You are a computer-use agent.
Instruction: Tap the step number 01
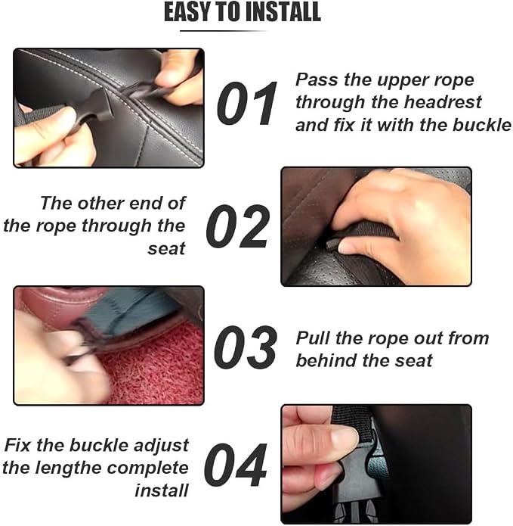tap(247, 104)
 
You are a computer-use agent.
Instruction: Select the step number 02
tap(238, 226)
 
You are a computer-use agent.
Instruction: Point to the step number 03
tap(246, 347)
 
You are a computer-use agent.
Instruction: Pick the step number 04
tap(236, 465)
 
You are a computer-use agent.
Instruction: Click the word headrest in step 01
tap(443, 102)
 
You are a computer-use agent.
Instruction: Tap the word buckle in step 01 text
tap(482, 125)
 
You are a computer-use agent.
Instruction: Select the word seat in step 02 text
tap(166, 248)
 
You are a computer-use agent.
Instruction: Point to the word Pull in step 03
tap(313, 338)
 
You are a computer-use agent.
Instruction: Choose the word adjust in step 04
tap(162, 447)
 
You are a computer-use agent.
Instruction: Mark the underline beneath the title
tap(224, 31)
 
